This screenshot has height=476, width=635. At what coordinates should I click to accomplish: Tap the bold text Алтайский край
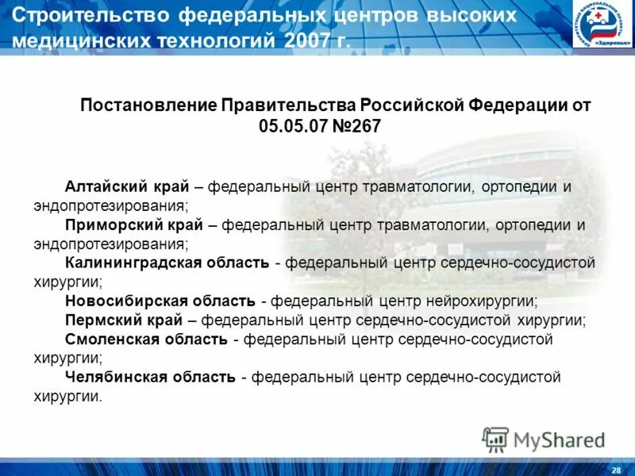(x=127, y=187)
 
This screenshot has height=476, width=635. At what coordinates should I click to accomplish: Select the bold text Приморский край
(x=133, y=225)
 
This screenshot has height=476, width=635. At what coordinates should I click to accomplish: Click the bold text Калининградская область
(x=167, y=263)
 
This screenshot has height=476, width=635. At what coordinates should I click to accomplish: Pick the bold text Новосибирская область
(x=160, y=301)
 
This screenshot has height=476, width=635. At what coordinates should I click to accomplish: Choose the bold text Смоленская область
(x=147, y=340)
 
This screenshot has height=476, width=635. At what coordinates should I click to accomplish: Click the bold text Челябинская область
(x=150, y=377)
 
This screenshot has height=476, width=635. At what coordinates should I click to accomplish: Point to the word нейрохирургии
(x=487, y=301)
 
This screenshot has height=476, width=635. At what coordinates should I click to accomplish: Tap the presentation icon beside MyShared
(x=495, y=440)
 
